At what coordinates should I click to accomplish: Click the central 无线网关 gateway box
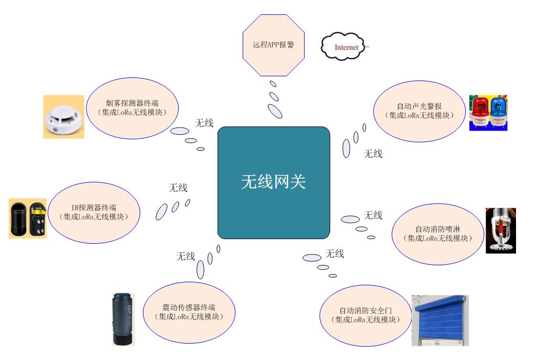pos(273,182)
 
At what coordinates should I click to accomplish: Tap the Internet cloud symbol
pos(342,47)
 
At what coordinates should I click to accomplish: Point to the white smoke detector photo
pos(63,117)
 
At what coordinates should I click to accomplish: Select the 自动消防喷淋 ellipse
pos(437,234)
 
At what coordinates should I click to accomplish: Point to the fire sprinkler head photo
pos(500,230)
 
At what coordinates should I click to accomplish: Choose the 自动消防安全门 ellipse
pos(366,315)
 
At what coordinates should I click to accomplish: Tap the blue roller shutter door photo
pos(440,320)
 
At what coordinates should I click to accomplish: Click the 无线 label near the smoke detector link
pos(204,123)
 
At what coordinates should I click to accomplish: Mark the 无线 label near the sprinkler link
pos(373,215)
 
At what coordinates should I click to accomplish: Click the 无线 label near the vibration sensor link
pos(186,256)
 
